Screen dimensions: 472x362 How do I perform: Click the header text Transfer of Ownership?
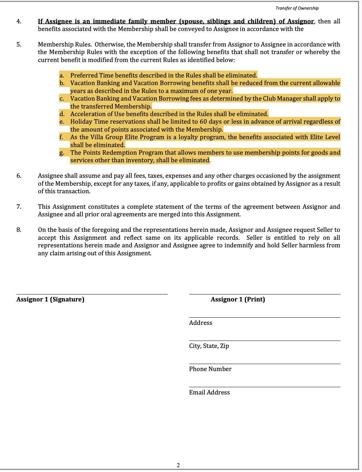297,8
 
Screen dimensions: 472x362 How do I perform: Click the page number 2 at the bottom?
178,465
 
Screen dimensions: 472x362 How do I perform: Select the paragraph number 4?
19,21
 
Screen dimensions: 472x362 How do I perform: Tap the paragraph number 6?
19,176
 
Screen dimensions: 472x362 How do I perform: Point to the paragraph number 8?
19,230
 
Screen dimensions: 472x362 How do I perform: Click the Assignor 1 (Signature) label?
50,299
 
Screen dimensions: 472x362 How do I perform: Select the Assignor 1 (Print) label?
238,299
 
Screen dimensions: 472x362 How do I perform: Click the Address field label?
201,323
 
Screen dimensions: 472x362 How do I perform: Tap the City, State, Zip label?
209,346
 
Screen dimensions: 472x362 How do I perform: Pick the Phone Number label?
210,369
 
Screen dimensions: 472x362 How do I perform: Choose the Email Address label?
209,392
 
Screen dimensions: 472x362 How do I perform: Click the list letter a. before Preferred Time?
62,75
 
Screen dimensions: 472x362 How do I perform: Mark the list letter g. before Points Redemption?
62,153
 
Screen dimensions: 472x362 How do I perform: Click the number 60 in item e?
203,122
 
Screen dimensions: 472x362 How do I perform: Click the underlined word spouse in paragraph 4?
192,21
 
